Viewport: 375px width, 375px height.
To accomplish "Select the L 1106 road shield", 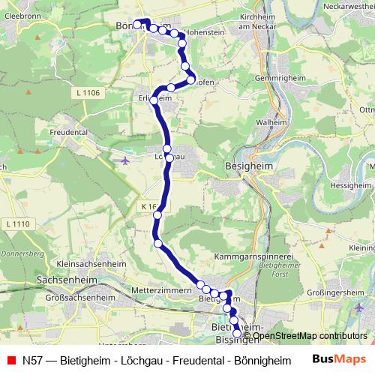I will pyautogui.click(x=88, y=92).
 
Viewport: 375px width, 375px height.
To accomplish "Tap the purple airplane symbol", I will pyautogui.click(x=124, y=159).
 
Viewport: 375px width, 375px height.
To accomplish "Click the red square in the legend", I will pyautogui.click(x=10, y=360).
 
